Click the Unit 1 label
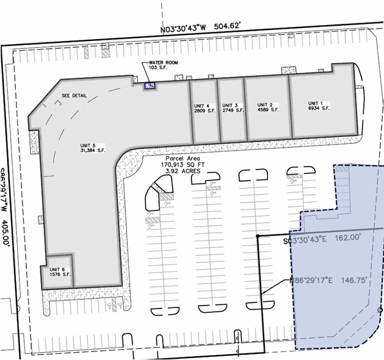point(315,103)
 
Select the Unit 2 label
point(264,104)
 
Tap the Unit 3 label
point(230,104)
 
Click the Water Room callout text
point(163,63)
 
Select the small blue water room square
point(149,86)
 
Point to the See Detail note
point(74,96)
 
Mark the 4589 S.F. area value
point(267,110)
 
